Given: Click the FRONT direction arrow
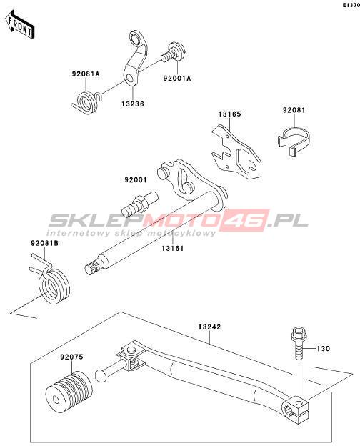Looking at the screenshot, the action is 19,25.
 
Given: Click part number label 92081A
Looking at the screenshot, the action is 86,74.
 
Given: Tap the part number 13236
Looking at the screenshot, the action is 133,104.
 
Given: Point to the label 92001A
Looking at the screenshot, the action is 177,78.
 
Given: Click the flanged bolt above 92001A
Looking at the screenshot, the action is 173,53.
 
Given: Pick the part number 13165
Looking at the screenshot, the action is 229,114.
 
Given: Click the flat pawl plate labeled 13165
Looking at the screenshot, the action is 236,152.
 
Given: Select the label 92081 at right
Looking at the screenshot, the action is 294,110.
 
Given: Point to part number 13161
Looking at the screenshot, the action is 173,248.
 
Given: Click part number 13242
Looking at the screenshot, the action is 209,327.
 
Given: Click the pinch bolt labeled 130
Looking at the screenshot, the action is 299,345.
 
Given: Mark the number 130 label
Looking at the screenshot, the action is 324,349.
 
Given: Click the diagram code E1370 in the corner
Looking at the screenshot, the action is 351,5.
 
